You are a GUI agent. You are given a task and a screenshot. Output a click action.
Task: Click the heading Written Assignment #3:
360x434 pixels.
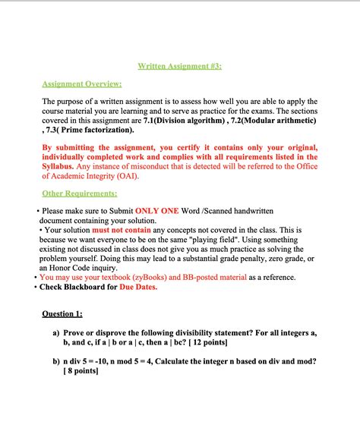tap(179, 66)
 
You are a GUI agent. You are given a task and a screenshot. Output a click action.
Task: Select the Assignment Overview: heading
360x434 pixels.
tap(81, 84)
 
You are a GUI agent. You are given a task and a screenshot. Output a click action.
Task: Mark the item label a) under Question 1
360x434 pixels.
tap(57, 333)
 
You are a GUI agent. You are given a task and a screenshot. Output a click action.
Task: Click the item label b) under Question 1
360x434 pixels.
tap(57, 361)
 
